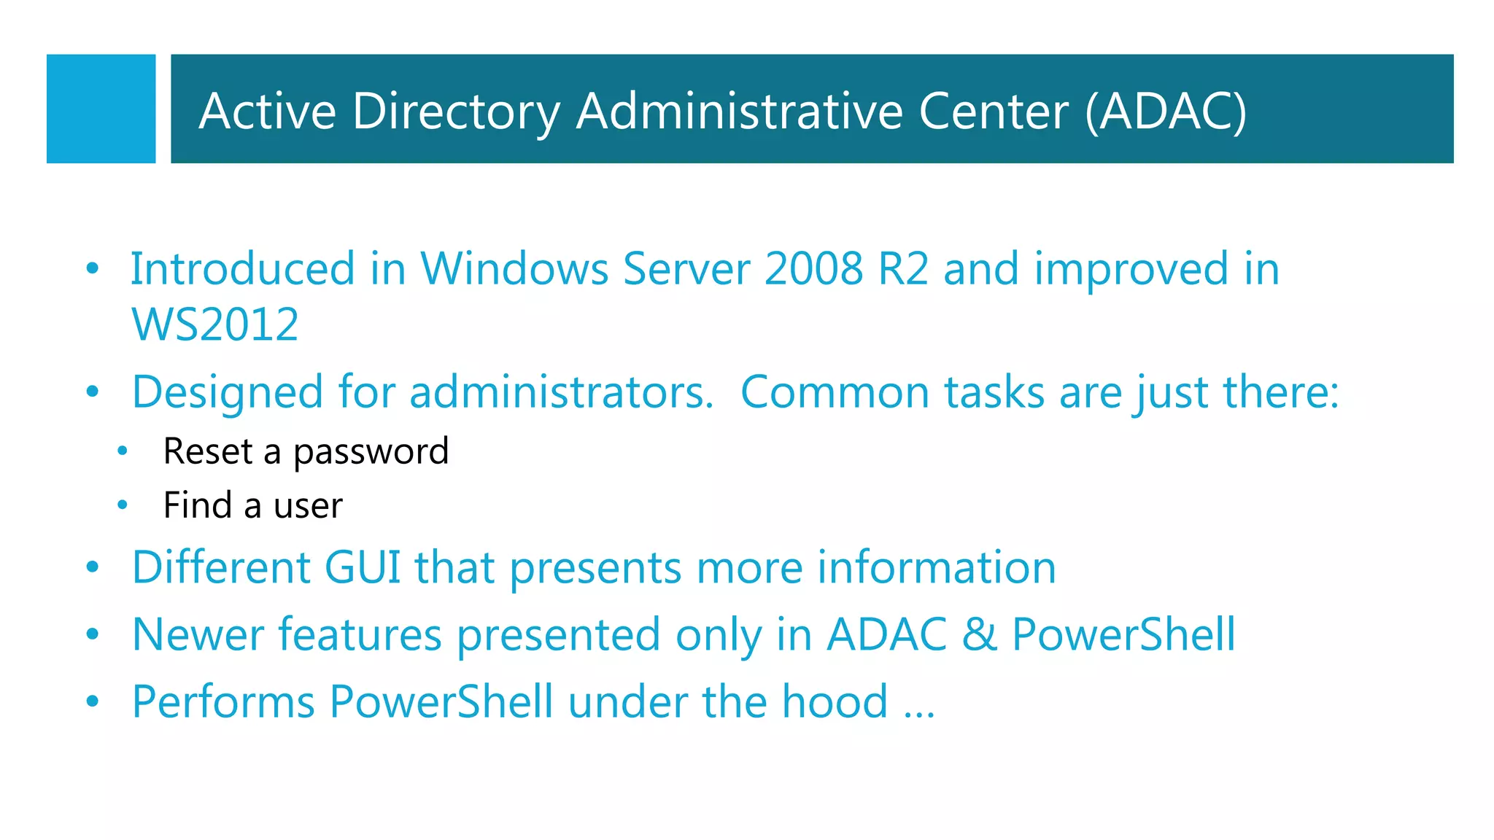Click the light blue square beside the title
pos(101,109)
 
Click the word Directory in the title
pos(456,112)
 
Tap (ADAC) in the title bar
pos(1166,112)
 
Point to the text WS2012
pos(215,324)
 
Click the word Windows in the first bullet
pos(514,269)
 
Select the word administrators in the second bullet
pos(561,392)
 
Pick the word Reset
pos(208,451)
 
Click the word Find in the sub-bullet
pos(197,505)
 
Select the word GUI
pos(362,567)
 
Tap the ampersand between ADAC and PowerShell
pos(979,634)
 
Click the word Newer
pos(198,634)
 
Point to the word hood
pos(835,701)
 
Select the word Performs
pos(223,701)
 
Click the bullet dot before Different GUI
pos(92,567)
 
